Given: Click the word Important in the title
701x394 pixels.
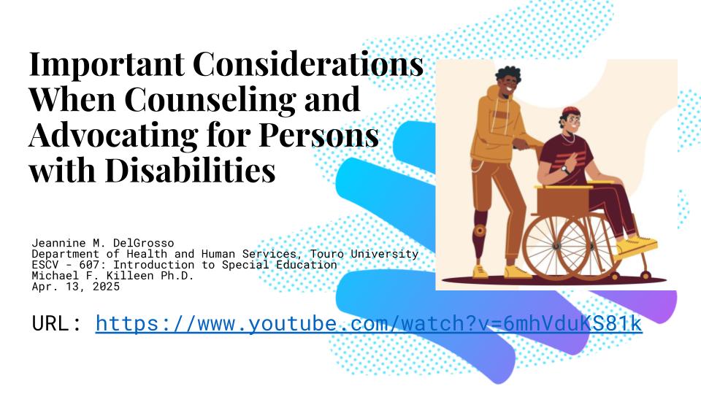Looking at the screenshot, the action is (x=107, y=65).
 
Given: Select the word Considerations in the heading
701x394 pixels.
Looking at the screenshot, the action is (x=308, y=63).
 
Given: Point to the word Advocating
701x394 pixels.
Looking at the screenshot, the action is (x=114, y=136).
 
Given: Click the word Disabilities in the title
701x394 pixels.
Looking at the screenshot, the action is (x=190, y=170).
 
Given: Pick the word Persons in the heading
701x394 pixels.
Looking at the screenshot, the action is (x=319, y=135).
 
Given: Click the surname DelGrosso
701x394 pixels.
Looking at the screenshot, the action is (x=143, y=243).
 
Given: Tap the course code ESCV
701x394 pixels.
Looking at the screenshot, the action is (x=45, y=264).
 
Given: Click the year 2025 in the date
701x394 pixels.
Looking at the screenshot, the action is (x=106, y=286).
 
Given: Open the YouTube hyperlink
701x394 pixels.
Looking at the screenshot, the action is (x=369, y=323).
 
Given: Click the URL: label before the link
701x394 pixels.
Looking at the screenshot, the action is (x=56, y=323).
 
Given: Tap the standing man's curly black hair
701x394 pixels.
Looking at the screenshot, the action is (x=508, y=75).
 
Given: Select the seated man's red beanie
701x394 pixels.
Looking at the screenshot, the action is (x=571, y=111).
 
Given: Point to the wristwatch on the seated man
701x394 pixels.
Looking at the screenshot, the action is (x=565, y=169).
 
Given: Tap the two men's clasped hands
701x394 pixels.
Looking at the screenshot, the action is (x=521, y=144).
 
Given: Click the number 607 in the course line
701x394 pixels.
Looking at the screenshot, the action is (x=89, y=264).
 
